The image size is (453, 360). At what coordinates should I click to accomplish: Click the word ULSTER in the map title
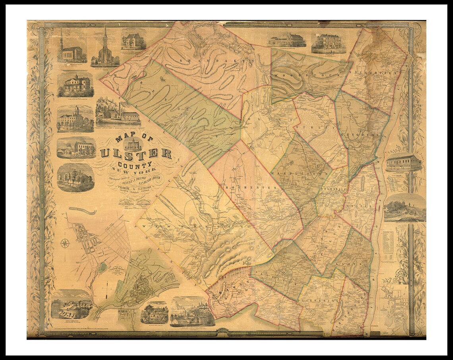(136, 153)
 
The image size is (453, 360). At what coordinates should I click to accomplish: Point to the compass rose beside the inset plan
(65, 243)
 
